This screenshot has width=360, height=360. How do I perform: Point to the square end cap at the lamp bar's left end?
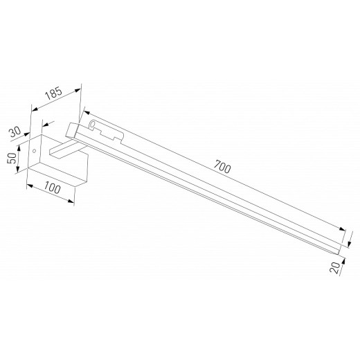tap(72, 130)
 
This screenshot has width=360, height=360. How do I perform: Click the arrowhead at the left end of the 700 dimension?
tap(84, 111)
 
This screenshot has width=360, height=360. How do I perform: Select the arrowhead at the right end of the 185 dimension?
tap(80, 88)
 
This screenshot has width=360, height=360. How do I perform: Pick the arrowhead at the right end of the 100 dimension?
tap(73, 201)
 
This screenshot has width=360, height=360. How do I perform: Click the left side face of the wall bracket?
tap(33, 156)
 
